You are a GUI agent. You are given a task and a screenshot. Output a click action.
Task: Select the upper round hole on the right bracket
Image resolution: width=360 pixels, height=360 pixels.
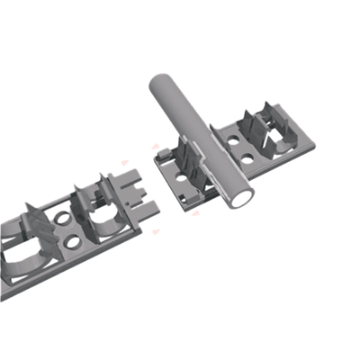pyautogui.click(x=233, y=140)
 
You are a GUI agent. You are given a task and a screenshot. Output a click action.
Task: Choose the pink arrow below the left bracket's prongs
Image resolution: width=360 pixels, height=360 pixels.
pyautogui.click(x=155, y=232)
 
